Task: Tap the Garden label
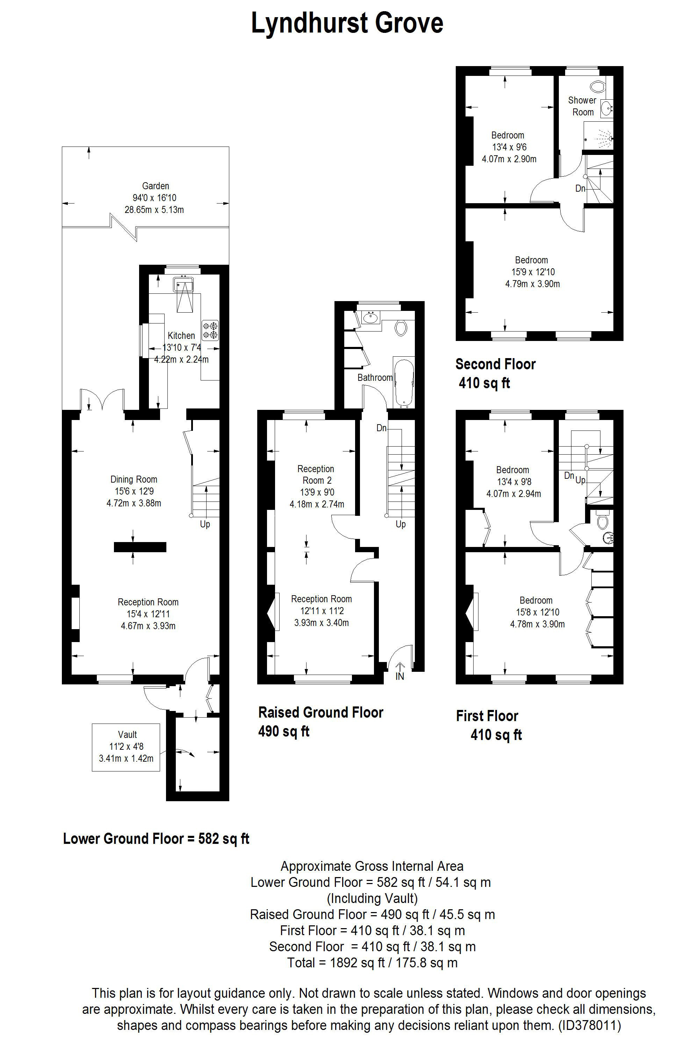pos(156,186)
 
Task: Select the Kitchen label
pos(181,336)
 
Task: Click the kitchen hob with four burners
pos(210,330)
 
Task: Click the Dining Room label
pos(134,479)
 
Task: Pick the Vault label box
pos(126,747)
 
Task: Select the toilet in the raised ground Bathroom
pos(401,328)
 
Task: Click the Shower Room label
pos(582,106)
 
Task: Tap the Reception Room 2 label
pos(316,475)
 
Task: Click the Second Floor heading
pos(496,364)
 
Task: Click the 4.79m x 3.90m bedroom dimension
pos(532,284)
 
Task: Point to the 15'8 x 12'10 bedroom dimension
pos(538,612)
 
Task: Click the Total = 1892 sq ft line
pos(372,963)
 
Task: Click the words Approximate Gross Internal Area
pos(372,867)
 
